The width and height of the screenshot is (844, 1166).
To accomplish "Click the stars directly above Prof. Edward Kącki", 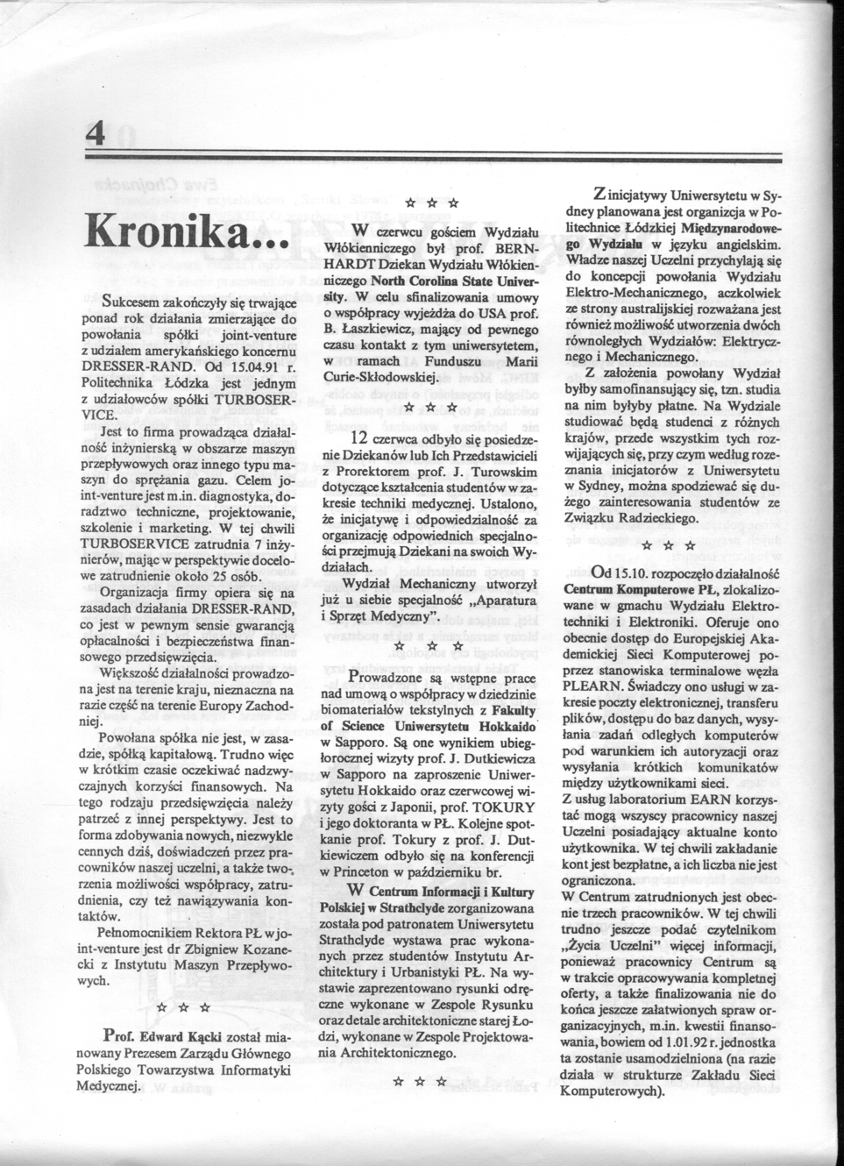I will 181,1008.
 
